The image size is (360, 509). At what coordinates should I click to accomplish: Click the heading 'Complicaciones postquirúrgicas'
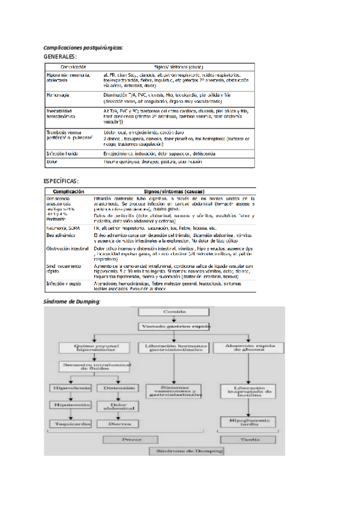pyautogui.click(x=83, y=47)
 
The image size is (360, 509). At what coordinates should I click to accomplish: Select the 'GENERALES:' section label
pyautogui.click(x=61, y=56)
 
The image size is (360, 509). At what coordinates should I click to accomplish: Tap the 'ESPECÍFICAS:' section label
pyautogui.click(x=62, y=181)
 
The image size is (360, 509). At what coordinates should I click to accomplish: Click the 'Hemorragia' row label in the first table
pyautogui.click(x=58, y=95)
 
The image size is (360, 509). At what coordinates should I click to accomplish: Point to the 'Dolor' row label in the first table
pyautogui.click(x=52, y=161)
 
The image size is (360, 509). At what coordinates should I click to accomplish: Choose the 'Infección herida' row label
pyautogui.click(x=62, y=154)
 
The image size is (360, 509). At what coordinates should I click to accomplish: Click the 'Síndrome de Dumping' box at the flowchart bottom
pyautogui.click(x=187, y=450)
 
